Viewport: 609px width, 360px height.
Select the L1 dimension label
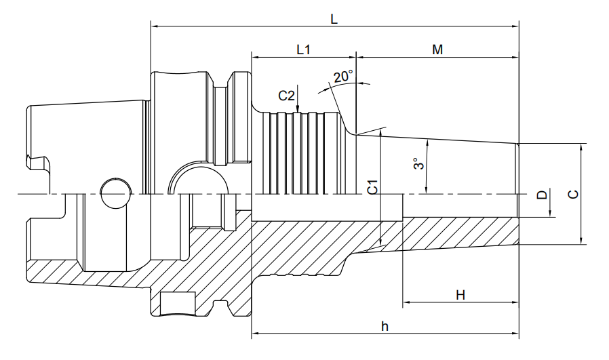304,49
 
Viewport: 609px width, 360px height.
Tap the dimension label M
437,49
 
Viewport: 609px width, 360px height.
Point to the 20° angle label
343,76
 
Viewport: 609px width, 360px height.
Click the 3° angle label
418,163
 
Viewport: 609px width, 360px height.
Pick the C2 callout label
287,96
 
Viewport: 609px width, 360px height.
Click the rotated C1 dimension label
373,187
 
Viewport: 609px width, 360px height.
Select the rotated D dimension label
542,194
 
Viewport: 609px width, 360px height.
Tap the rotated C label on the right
573,194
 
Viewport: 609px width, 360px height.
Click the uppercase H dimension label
460,295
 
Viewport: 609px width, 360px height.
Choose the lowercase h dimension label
385,326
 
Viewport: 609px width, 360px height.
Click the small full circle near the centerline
115,193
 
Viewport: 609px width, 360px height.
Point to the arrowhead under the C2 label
298,109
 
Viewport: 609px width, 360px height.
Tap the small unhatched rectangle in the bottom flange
178,302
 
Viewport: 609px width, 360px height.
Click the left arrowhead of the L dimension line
154,26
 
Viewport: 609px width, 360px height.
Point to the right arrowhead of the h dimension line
515,333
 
